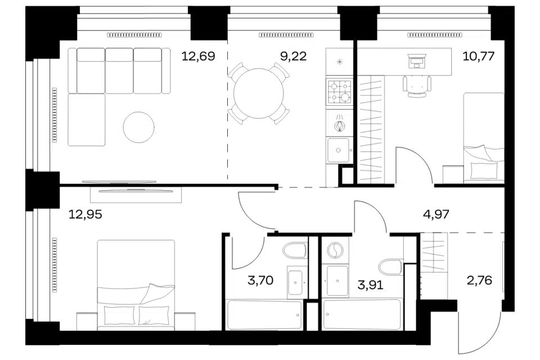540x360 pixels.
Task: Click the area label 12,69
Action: (198, 56)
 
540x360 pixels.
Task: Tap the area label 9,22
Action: (294, 56)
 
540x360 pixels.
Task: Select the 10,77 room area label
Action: (479, 56)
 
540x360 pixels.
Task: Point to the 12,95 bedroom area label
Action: (85, 215)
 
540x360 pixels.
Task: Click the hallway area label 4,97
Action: (436, 215)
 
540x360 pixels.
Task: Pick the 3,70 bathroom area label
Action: (260, 281)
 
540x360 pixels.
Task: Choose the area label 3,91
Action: (370, 285)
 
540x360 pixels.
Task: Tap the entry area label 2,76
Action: (479, 281)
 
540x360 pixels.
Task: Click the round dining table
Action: (259, 93)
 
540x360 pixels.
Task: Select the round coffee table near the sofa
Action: (139, 127)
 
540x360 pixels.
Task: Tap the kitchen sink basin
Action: (338, 150)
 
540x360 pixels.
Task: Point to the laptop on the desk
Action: (416, 61)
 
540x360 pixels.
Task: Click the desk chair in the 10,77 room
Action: (417, 86)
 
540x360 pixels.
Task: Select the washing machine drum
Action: (334, 250)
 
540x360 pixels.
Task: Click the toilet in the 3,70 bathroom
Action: (295, 250)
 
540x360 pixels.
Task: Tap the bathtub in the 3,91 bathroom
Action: (362, 314)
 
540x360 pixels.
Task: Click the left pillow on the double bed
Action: (119, 315)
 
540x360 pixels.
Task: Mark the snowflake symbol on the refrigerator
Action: (340, 62)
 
